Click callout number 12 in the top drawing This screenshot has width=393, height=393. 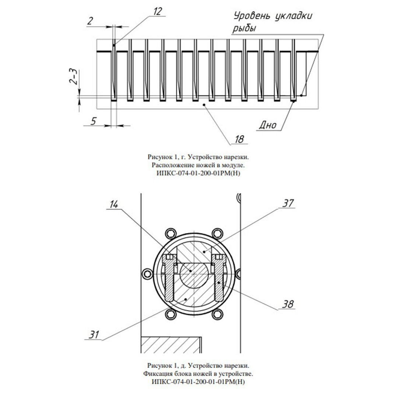pyautogui.click(x=157, y=11)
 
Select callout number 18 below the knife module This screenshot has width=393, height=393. pyautogui.click(x=239, y=139)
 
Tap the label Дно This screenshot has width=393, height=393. pyautogui.click(x=268, y=125)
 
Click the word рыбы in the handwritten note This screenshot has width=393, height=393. pyautogui.click(x=244, y=28)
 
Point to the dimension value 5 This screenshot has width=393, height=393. pyautogui.click(x=93, y=121)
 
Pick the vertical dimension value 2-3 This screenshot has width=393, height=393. pyautogui.click(x=74, y=77)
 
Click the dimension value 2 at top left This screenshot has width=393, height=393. pyautogui.click(x=90, y=21)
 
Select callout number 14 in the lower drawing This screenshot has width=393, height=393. pyautogui.click(x=113, y=204)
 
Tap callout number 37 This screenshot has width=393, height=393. pyautogui.click(x=288, y=203)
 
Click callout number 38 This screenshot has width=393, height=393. pyautogui.click(x=288, y=304)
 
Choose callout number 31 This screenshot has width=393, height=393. pyautogui.click(x=94, y=335)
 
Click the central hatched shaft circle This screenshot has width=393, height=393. pyautogui.click(x=194, y=274)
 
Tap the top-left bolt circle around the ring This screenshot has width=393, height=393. pyautogui.click(x=171, y=234)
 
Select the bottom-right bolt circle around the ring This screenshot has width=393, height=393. pyautogui.click(x=217, y=314)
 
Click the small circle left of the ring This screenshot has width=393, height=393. pyautogui.click(x=147, y=274)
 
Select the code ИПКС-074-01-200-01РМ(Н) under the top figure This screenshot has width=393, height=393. pyautogui.click(x=198, y=173)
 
